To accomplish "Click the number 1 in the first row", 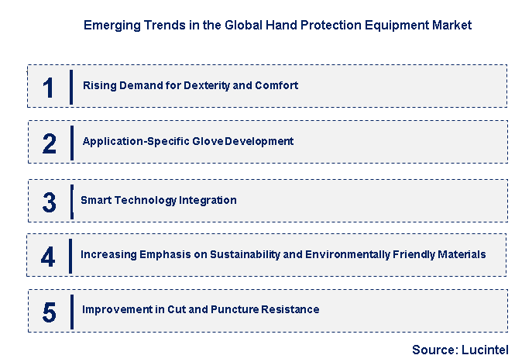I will tap(49, 87).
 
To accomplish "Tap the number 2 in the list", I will tap(50, 143).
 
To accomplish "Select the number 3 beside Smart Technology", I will tap(50, 202).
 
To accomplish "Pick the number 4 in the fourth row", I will tap(48, 257).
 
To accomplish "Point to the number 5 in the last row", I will tap(50, 312).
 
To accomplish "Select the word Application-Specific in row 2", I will tap(134, 141).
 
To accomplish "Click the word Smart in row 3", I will tap(97, 200).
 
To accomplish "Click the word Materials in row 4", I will tap(460, 254).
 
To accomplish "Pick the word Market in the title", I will tap(451, 25).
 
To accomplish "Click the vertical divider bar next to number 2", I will tap(71, 142).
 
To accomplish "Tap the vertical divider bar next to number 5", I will tap(71, 311).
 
